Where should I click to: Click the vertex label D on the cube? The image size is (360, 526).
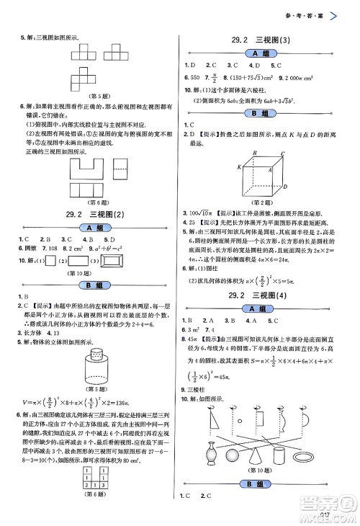point(286,187)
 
